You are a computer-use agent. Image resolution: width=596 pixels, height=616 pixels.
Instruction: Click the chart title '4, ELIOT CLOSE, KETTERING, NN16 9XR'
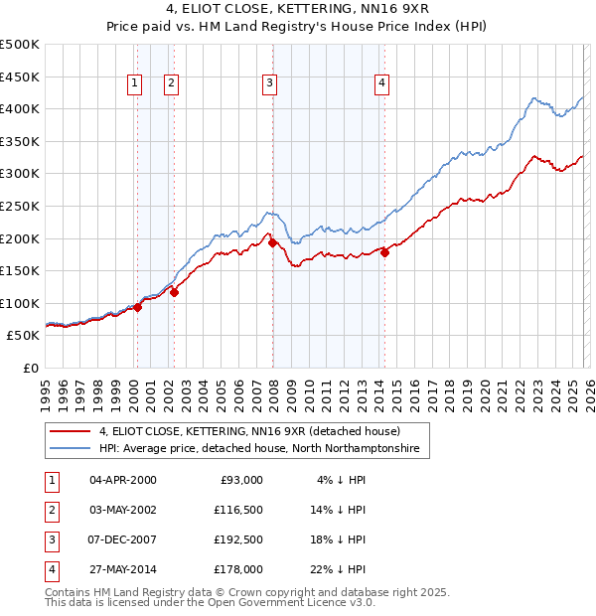297,11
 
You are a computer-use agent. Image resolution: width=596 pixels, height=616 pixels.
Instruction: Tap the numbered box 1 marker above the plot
134,84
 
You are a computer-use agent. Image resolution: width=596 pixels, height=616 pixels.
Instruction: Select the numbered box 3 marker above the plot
269,84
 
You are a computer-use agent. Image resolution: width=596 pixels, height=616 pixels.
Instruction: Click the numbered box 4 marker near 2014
381,84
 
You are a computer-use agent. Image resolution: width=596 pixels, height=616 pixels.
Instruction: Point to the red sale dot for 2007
272,242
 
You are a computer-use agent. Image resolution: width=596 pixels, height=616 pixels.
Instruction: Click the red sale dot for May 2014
384,252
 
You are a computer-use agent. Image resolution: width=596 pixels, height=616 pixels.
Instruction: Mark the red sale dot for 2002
174,292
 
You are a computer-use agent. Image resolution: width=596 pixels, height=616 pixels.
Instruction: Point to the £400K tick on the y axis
20,109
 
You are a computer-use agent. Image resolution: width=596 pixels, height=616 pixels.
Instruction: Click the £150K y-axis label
20,270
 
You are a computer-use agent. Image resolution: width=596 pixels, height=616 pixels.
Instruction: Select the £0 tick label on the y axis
30,368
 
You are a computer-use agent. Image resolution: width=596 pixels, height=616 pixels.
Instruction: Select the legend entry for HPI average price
259,449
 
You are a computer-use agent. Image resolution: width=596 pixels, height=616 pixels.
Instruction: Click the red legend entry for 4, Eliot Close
248,431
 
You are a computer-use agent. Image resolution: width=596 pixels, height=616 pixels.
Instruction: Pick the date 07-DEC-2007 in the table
123,540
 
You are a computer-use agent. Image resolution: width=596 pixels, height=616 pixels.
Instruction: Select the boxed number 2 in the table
50,510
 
